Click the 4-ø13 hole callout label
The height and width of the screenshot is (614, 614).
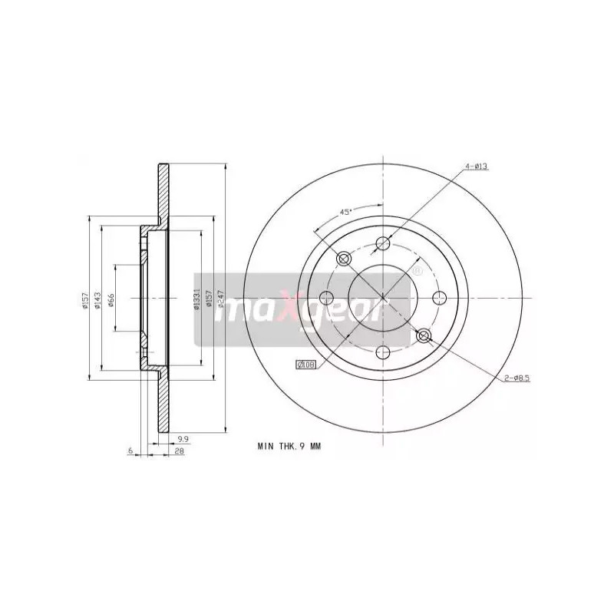[475, 167]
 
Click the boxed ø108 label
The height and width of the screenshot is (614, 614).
[306, 365]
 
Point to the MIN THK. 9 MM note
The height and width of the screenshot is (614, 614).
[289, 445]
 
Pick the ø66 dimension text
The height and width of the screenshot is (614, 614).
[111, 299]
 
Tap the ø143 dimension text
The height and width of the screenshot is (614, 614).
[98, 299]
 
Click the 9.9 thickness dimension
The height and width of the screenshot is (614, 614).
[183, 438]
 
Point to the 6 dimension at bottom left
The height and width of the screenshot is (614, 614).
[131, 451]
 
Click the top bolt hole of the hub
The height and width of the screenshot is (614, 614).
[383, 244]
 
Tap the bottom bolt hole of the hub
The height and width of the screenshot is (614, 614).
[383, 352]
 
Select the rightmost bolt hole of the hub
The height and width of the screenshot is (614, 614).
[439, 298]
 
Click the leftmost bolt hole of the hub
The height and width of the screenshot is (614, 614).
[327, 298]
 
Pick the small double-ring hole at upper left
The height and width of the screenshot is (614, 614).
[344, 259]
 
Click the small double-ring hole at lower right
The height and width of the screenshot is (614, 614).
[423, 335]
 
